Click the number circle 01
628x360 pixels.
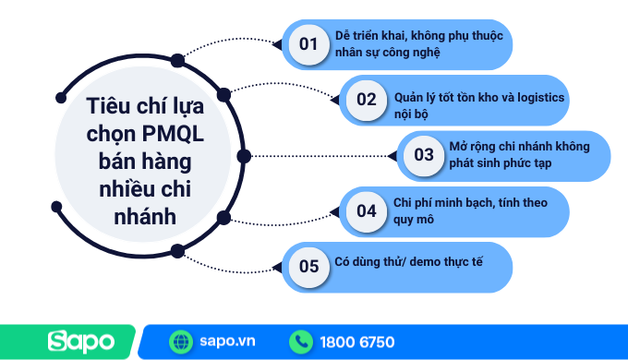[309, 44]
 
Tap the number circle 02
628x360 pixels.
[367, 100]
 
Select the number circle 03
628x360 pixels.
[423, 155]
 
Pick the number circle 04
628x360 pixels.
[367, 210]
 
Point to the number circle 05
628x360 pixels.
[309, 267]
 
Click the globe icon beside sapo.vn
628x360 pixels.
[181, 342]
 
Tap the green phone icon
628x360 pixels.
[300, 342]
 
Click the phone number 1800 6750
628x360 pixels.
[356, 342]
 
